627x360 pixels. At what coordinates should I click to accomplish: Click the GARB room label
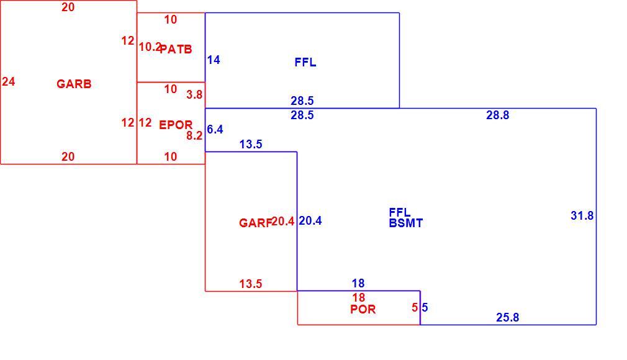(74, 84)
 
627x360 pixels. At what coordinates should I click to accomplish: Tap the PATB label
(176, 49)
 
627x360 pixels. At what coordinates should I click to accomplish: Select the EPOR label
(176, 125)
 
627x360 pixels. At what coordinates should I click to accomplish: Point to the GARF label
(255, 223)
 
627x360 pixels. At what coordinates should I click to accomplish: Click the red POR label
(363, 309)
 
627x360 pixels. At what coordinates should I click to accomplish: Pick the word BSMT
(406, 223)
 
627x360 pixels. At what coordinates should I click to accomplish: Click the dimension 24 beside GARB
(9, 81)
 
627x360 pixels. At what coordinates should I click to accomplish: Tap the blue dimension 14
(214, 60)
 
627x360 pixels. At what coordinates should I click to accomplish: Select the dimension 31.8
(582, 215)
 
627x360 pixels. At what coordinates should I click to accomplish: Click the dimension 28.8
(497, 115)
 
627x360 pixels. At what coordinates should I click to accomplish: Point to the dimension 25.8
(507, 317)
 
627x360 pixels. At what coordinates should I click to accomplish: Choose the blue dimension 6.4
(215, 129)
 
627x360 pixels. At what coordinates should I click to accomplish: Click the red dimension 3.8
(194, 94)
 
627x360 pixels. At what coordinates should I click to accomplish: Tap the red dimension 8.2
(194, 135)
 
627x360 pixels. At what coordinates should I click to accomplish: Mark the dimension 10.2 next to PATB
(150, 47)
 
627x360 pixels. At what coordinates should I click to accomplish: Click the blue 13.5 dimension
(251, 144)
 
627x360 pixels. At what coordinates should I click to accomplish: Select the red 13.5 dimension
(251, 284)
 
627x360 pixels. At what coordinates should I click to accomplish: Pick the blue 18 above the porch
(358, 283)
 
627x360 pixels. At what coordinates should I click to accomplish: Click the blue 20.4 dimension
(310, 221)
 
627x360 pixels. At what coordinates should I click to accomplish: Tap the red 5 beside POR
(415, 307)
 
